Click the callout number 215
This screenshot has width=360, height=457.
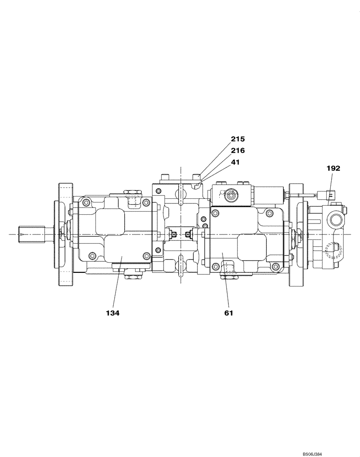(x=238, y=138)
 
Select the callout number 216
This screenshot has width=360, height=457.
(x=238, y=150)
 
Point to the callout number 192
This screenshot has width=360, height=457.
(x=333, y=168)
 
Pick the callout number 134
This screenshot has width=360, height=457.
(x=112, y=313)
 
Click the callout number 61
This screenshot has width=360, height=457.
(x=229, y=313)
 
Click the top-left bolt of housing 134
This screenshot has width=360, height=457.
(x=85, y=203)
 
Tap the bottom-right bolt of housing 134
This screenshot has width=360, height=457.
(x=146, y=256)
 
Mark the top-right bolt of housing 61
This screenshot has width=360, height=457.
(x=270, y=213)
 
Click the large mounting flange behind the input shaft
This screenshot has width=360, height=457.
(x=65, y=234)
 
